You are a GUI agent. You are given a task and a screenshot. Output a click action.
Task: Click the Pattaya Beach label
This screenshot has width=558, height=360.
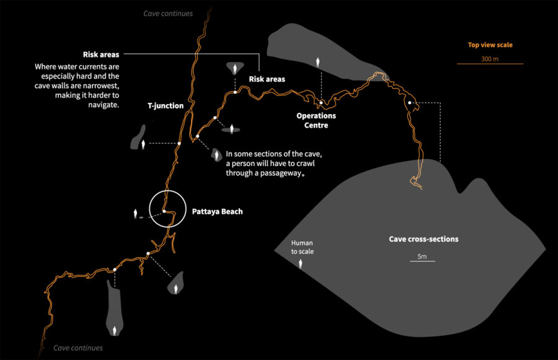(x=217, y=212)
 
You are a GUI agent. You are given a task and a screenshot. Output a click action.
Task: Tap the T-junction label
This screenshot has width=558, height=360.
(x=165, y=106)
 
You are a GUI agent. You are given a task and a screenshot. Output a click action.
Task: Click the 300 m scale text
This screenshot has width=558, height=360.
(x=490, y=59)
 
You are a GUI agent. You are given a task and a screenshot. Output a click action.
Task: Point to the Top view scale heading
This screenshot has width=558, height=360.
(x=490, y=45)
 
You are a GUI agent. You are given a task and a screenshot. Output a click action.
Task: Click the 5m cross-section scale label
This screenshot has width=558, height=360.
(x=422, y=257)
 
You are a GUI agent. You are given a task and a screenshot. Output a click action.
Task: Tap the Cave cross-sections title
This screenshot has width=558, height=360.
(x=423, y=239)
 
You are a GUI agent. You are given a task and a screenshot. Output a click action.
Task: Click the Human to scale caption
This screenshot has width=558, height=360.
(x=303, y=248)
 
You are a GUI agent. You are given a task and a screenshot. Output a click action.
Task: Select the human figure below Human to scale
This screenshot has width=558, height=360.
(x=301, y=263)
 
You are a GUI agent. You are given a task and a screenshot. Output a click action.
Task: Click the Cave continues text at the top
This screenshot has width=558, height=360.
(x=168, y=14)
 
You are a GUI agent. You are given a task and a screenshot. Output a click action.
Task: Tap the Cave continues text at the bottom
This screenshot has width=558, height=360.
(x=78, y=348)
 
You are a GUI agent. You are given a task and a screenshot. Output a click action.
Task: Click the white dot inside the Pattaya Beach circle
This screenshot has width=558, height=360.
(x=164, y=211)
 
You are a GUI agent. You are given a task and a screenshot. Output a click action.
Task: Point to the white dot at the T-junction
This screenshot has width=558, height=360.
(x=179, y=144)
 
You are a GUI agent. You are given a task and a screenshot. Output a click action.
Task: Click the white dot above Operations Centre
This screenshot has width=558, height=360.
(x=321, y=102)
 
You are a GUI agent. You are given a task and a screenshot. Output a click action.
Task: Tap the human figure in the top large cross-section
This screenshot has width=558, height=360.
(x=319, y=62)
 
